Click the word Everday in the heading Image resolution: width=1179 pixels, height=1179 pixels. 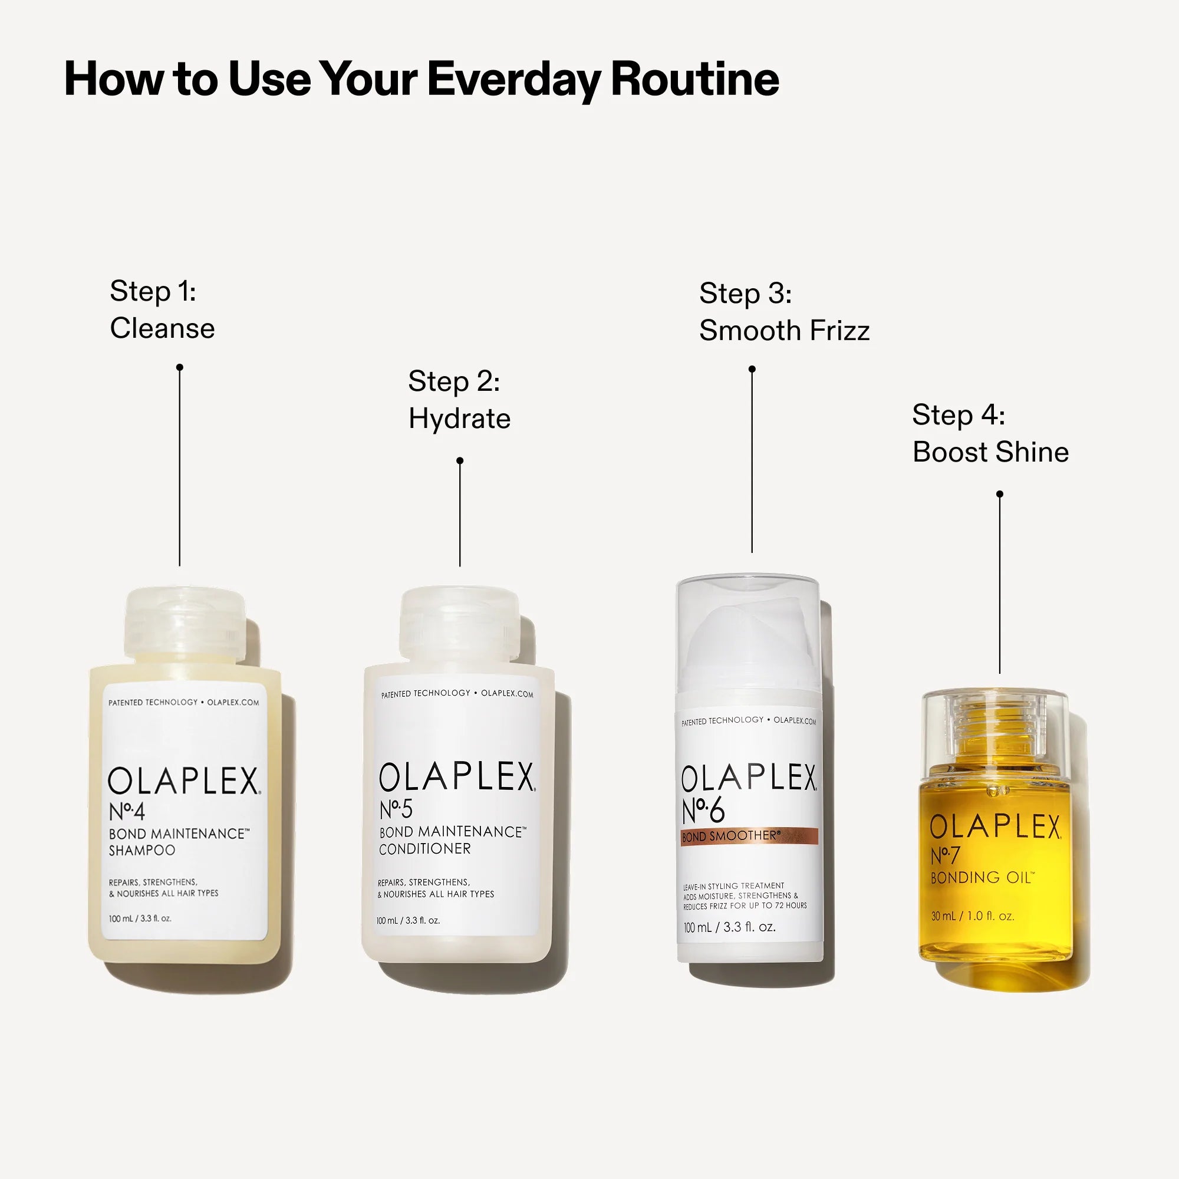coord(513,80)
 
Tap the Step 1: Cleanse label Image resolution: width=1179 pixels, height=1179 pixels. coord(162,309)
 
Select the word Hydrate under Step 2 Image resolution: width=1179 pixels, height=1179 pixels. coord(459,419)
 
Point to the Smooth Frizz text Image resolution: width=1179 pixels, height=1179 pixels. coord(783,331)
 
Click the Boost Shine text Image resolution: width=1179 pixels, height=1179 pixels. coord(990,452)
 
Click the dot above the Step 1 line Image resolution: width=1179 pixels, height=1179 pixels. coord(179,367)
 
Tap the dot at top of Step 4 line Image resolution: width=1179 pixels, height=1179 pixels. coord(1000,493)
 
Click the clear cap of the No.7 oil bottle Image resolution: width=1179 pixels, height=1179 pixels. coord(994,729)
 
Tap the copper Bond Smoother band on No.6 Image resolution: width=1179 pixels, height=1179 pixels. coord(749,837)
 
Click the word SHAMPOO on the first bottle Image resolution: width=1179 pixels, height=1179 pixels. coord(141,850)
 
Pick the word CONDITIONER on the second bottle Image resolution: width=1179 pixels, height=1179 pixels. coord(424,849)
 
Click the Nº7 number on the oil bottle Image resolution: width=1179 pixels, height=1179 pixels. coord(944,855)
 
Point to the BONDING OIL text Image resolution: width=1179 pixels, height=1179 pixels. coord(982,878)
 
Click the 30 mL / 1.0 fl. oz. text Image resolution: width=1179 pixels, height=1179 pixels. coord(972,916)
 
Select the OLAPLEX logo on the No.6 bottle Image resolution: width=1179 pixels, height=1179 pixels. coord(749,778)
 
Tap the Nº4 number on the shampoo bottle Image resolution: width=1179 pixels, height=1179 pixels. coord(126,812)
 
